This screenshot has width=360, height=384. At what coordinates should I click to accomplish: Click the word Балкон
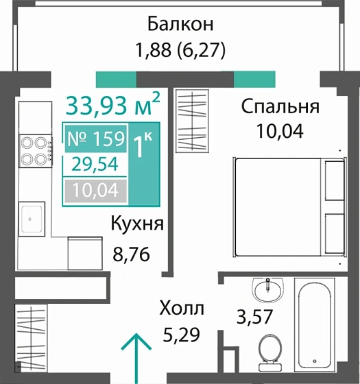[181, 24]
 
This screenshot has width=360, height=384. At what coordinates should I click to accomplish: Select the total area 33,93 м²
[113, 106]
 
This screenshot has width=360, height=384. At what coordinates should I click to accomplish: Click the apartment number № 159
[95, 139]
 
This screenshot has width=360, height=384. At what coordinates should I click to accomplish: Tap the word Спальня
[280, 107]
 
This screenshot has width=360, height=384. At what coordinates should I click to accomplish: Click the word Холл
[181, 309]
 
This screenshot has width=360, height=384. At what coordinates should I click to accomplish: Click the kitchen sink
[32, 220]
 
